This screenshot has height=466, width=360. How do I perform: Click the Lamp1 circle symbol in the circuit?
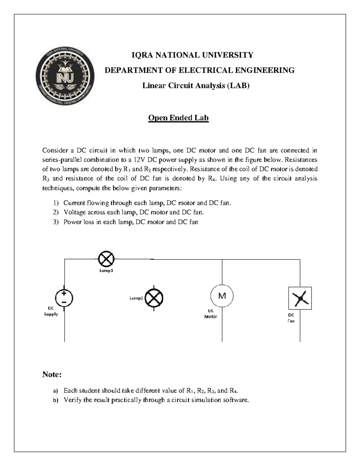tap(106, 259)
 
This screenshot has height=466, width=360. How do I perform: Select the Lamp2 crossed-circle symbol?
tap(154, 298)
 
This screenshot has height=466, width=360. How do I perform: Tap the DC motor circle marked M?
tap(222, 296)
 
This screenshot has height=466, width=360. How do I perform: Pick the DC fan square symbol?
tap(300, 298)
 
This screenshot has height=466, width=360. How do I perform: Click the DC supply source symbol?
tap(64, 298)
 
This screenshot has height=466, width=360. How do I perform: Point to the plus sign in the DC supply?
tap(64, 294)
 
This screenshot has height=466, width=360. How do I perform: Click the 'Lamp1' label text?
tap(106, 271)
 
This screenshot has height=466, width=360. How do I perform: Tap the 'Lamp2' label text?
tap(136, 298)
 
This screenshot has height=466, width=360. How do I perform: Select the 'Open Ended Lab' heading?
tap(178, 118)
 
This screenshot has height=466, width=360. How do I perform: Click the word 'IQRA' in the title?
tap(141, 55)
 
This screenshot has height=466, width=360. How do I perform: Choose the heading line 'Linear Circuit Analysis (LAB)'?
tap(196, 86)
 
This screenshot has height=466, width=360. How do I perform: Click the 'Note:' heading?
tap(52, 374)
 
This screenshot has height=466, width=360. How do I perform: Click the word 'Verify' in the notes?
tap(73, 400)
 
